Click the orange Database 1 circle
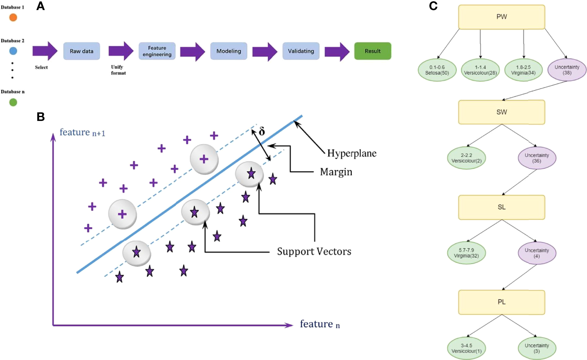(x=13, y=17)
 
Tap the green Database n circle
(x=13, y=102)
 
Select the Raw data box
(x=82, y=51)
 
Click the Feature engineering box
(x=157, y=51)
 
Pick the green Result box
(x=373, y=51)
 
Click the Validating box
(x=301, y=51)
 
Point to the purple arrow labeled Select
(x=45, y=51)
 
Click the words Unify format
(x=118, y=70)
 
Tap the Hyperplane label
(x=351, y=154)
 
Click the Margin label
(x=336, y=172)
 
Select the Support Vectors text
(x=314, y=252)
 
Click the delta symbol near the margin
(x=262, y=132)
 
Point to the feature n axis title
(x=320, y=324)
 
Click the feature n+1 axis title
(x=82, y=132)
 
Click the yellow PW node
(x=501, y=17)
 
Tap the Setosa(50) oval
(x=437, y=70)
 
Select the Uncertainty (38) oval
(x=567, y=70)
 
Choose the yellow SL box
(x=501, y=207)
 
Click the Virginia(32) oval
(x=466, y=253)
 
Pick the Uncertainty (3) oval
(x=536, y=348)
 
